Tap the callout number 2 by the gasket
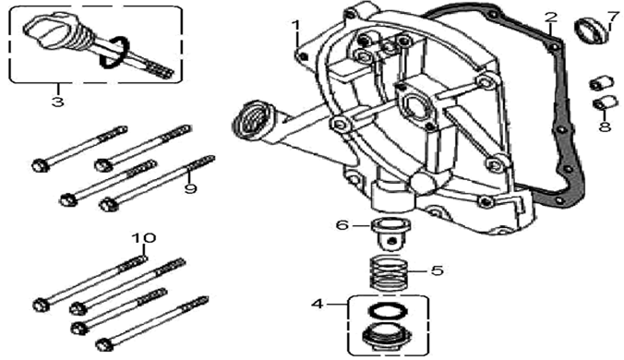point(550,18)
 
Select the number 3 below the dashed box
point(58,102)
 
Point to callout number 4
point(318,305)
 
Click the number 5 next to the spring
point(437,270)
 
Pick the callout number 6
point(342,225)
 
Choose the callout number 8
point(605,126)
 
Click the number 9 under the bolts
point(191,188)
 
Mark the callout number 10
point(144,238)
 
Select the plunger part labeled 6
point(390,234)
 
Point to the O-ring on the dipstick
point(114,52)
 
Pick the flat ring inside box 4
point(389,311)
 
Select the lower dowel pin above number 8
point(604,102)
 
